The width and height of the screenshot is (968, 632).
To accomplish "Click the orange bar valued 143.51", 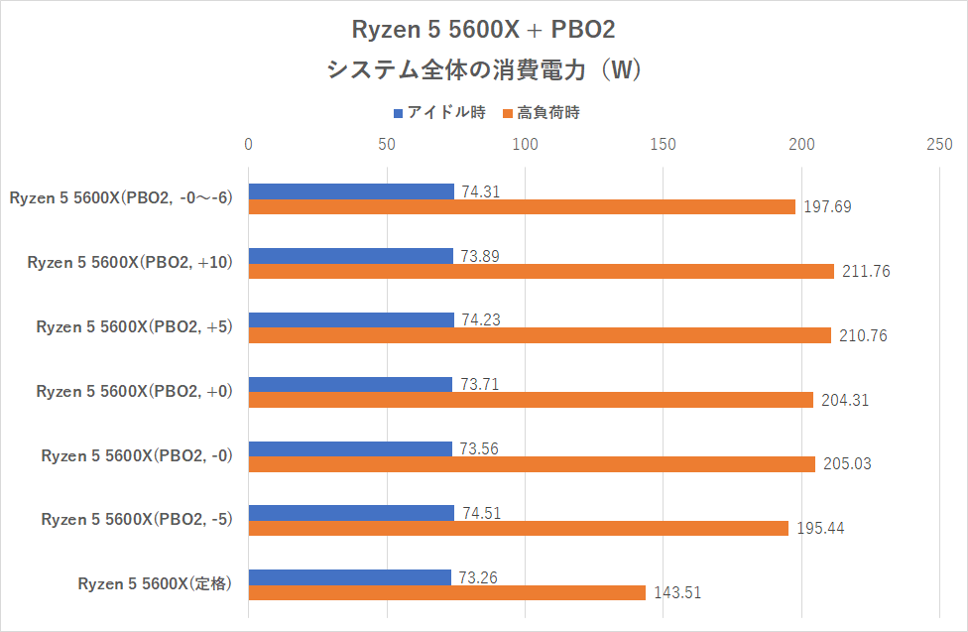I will tap(446, 592).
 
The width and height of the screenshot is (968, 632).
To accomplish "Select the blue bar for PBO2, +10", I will tap(350, 256).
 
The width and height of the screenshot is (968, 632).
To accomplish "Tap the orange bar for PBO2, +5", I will tap(540, 335).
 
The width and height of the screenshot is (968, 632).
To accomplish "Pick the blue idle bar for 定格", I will tap(349, 577).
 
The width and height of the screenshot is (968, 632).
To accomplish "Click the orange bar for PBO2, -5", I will tap(518, 528).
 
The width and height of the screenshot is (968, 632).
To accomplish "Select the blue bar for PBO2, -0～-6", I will tap(351, 191).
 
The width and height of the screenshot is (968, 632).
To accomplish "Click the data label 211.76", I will tap(865, 272).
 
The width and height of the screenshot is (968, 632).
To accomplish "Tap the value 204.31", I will tap(846, 400).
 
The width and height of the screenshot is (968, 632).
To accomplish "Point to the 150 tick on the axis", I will tap(663, 145).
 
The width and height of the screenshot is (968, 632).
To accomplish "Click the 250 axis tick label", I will tap(938, 145).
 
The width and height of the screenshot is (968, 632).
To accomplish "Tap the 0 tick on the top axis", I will tap(249, 145).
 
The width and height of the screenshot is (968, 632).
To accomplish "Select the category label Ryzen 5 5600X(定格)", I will tap(155, 584).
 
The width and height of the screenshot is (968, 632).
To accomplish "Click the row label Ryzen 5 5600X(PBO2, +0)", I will tap(134, 391).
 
